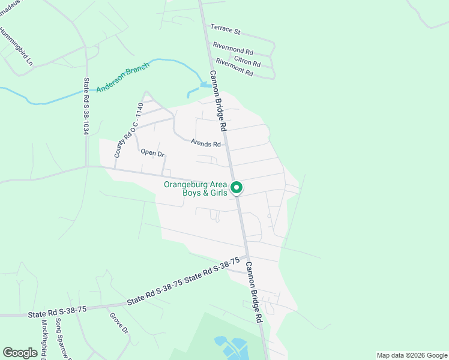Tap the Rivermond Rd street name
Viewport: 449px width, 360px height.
coord(234,49)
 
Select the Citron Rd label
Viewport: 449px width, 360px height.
coord(247,61)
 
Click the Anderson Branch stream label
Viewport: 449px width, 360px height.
coord(122,77)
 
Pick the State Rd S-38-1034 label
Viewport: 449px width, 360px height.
coord(86,106)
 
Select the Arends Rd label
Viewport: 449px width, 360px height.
coord(206,143)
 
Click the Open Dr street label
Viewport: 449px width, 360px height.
coord(152,153)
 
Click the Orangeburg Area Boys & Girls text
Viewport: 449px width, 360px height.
coord(196,188)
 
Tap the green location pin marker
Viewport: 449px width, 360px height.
coord(237,188)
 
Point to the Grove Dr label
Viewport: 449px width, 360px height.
coord(119,322)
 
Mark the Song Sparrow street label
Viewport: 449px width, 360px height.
coord(62,339)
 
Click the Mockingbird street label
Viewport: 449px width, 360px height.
coord(45,339)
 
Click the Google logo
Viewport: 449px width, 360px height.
coord(20,353)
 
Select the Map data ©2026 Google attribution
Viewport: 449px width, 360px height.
coord(411,355)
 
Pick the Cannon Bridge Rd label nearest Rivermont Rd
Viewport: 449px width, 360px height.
coord(217,101)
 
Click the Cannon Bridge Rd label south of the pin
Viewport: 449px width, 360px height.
coord(255,292)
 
